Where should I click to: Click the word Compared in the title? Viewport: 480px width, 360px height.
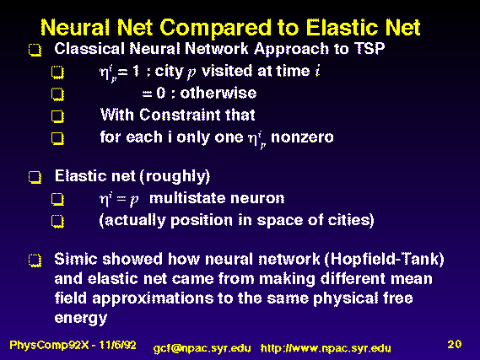215,29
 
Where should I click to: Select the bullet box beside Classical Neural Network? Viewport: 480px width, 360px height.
35,50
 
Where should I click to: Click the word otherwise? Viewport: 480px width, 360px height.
218,93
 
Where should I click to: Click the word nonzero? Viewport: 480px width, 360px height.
302,137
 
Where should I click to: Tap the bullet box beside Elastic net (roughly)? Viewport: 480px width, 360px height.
35,177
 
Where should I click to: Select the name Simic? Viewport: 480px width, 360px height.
76,259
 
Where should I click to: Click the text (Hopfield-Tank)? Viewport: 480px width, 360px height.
384,260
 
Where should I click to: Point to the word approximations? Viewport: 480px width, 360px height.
153,298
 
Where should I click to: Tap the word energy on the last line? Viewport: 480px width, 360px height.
81,319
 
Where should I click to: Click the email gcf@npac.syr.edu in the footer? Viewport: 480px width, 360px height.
202,348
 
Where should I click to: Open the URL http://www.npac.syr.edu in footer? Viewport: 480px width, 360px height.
326,348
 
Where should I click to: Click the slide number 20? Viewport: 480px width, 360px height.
455,344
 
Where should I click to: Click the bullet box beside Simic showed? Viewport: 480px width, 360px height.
35,261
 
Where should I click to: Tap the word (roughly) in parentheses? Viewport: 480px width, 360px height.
175,176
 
